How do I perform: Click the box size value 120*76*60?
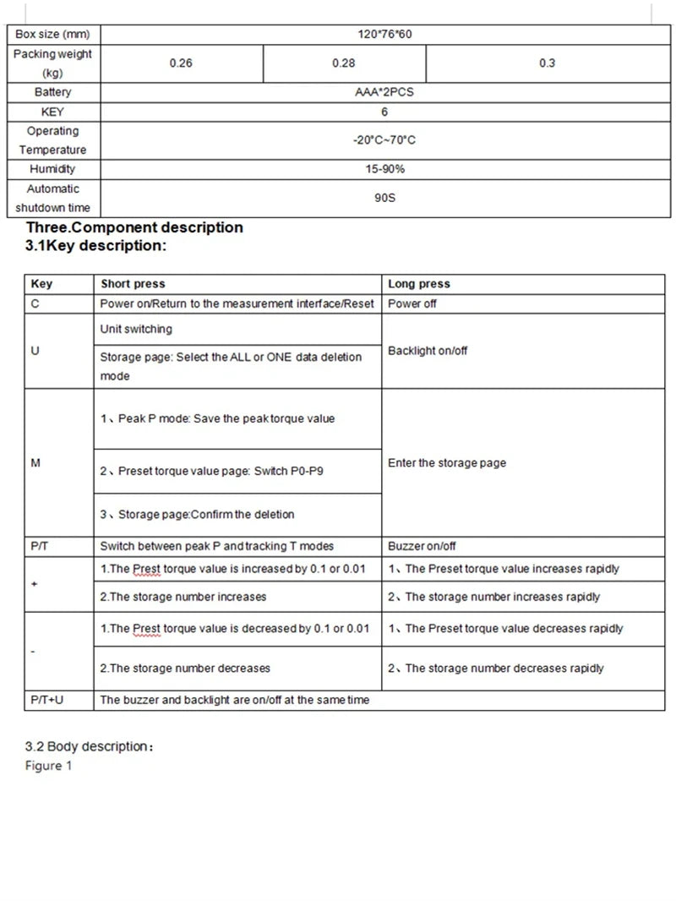[384, 35]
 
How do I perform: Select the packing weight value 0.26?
[181, 63]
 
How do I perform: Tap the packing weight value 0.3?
[546, 63]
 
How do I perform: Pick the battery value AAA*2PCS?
[384, 92]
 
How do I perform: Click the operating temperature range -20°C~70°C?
[384, 140]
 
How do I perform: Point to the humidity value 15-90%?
[384, 169]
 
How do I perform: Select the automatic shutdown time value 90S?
[384, 199]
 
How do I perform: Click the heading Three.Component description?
[134, 227]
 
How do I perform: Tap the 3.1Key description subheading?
[96, 246]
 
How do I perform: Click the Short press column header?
[133, 284]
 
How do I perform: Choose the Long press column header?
[419, 284]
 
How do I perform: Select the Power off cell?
[412, 303]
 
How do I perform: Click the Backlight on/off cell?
[428, 351]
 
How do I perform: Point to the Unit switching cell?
[136, 329]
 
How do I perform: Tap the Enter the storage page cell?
[446, 463]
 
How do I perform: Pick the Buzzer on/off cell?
[422, 546]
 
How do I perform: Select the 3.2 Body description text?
[89, 747]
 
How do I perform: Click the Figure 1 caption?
[49, 766]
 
